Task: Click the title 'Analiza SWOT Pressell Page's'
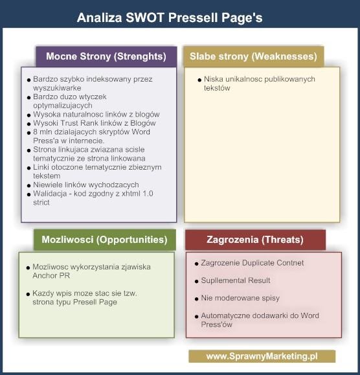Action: point(170,17)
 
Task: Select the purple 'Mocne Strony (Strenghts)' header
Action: point(106,56)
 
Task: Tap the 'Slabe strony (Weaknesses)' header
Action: point(253,56)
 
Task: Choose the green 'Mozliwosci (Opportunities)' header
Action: point(104,239)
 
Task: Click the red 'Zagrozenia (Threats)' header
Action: point(255,240)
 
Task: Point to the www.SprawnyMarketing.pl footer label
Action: point(262,356)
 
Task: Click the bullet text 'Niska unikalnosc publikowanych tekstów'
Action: point(241,84)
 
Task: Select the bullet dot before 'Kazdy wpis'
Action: point(28,294)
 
